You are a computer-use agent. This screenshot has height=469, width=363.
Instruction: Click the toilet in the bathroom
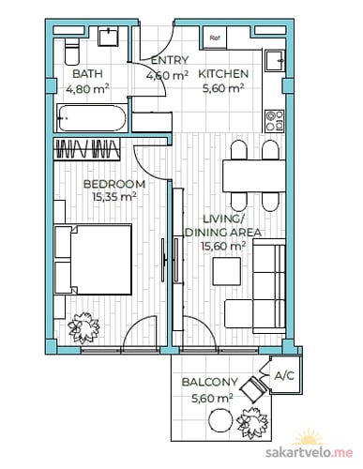coord(72,52)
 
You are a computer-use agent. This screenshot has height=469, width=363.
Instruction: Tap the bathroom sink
coord(109,38)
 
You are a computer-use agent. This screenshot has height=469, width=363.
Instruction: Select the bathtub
coord(92,118)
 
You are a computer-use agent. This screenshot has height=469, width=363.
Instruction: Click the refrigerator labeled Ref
coord(215,38)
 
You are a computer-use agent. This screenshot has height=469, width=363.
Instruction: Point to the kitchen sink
coord(275,61)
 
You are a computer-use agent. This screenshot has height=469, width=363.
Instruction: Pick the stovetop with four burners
coord(275,120)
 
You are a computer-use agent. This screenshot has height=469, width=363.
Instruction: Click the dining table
coord(254,175)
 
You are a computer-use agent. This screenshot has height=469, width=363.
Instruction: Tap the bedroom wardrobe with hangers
coord(87,149)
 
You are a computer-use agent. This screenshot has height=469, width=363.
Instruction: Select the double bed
coord(93,260)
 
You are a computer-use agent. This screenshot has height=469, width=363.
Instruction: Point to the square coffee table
coord(227,271)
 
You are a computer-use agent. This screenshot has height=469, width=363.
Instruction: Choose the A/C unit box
coord(285,375)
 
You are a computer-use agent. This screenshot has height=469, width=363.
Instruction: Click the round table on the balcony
coord(220,421)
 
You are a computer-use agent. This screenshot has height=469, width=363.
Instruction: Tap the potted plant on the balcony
coord(252,422)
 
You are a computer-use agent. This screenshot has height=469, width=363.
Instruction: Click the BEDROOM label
coord(114,184)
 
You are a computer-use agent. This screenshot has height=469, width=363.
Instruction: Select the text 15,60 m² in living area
coord(223,246)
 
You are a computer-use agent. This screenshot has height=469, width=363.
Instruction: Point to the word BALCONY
coord(210,382)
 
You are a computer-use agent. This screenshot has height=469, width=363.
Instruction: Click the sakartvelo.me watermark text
coord(309,452)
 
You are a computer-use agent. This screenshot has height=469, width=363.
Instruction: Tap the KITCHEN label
coord(223,74)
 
